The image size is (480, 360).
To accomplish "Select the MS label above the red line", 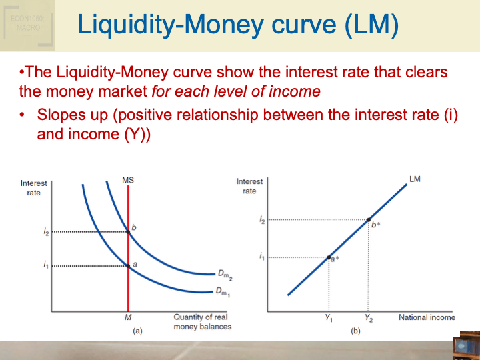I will (x=128, y=180).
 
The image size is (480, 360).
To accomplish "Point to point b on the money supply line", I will (x=128, y=232).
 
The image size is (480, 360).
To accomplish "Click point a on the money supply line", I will (x=128, y=265).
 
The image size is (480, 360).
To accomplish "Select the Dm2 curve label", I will (x=224, y=274).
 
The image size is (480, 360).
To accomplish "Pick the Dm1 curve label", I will (x=222, y=291).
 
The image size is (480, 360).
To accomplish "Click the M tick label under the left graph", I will (x=128, y=317).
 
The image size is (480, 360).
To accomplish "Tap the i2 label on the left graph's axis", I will (x=45, y=232).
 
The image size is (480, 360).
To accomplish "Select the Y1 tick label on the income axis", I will (x=329, y=318).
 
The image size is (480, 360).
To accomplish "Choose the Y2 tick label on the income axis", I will (x=369, y=318).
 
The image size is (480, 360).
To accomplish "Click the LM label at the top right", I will (x=415, y=179).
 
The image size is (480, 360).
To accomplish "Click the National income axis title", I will (x=427, y=317).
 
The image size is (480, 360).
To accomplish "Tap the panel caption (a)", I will (x=137, y=331).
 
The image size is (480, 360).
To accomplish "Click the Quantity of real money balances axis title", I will (x=202, y=322).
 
